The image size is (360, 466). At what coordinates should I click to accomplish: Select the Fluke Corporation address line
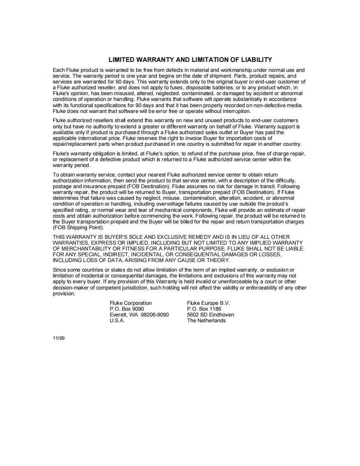point(131,303)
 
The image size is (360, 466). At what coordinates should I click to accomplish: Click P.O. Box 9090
point(127,309)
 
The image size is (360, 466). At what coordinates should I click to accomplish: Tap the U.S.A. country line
point(117,321)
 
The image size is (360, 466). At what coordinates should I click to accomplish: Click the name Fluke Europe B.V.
point(208,303)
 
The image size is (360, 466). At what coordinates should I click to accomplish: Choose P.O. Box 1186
point(204,309)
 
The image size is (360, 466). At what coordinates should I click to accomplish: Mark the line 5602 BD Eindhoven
point(210,315)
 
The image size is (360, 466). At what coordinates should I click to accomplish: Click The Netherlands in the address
point(206,321)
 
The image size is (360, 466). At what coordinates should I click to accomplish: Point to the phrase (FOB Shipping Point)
point(78,228)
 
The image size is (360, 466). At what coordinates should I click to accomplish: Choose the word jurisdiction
point(134,288)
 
